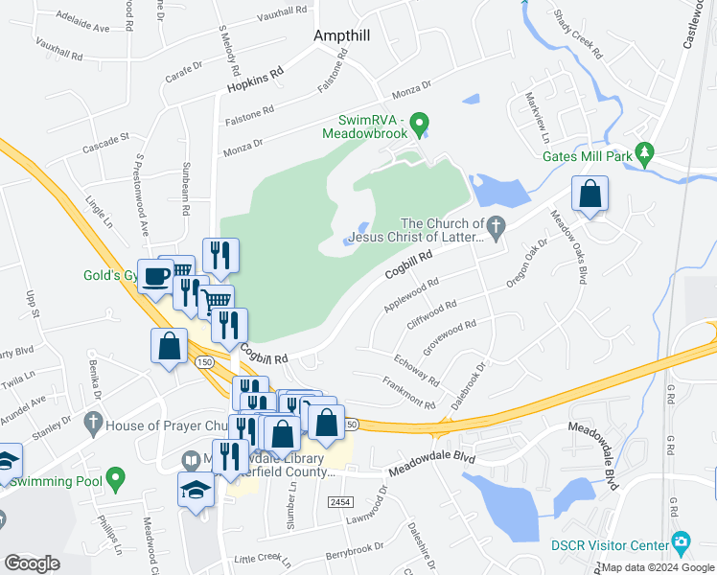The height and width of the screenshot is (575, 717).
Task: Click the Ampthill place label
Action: (x=342, y=35)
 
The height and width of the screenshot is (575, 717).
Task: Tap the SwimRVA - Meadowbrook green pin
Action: (x=419, y=124)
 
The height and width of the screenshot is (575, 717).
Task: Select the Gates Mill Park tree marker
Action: (x=646, y=152)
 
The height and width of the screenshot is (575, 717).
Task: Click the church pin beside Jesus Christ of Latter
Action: (x=495, y=227)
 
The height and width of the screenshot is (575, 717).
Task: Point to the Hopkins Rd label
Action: (x=256, y=81)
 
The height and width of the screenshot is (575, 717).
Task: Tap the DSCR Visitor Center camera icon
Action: (x=681, y=542)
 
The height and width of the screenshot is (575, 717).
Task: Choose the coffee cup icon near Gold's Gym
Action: (x=156, y=278)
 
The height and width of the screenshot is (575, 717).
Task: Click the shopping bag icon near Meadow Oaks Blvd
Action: (x=590, y=195)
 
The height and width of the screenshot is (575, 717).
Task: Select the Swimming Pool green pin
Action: (x=116, y=475)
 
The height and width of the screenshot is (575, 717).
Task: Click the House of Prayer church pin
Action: (x=93, y=421)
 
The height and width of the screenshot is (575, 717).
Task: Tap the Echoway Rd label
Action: (x=416, y=370)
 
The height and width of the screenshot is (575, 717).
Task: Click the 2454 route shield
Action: (x=338, y=501)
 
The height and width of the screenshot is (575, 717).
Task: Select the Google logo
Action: (x=33, y=563)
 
